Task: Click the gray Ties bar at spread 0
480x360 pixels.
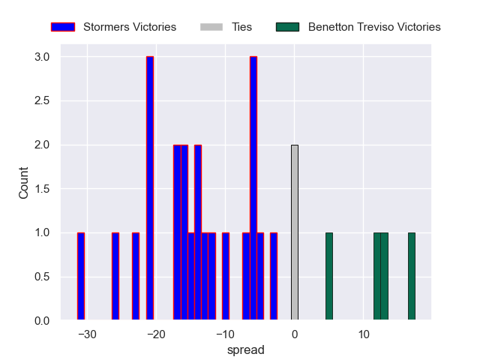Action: [x=295, y=232]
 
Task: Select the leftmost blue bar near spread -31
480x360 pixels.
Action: [x=81, y=277]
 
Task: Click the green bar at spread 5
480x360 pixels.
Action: [x=329, y=277]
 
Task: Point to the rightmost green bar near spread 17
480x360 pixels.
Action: [x=412, y=277]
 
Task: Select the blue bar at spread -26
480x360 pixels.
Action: [x=115, y=277]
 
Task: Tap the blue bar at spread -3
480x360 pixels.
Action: [x=274, y=277]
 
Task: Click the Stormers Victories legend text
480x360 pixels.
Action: [x=130, y=27]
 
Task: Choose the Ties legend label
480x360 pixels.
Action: [x=241, y=27]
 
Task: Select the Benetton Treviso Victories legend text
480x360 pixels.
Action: [x=374, y=27]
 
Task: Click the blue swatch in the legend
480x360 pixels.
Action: [x=63, y=27]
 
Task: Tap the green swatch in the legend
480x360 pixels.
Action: [x=287, y=27]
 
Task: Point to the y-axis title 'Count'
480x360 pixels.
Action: [x=24, y=188]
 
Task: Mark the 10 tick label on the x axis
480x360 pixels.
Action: [x=364, y=334]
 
